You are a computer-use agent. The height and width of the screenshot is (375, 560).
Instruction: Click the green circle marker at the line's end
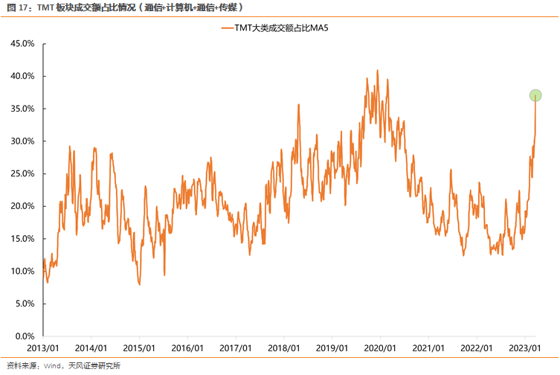click(x=535, y=95)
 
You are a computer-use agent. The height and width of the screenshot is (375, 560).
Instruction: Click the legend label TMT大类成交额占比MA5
click(x=285, y=28)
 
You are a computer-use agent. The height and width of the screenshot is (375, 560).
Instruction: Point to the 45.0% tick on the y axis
click(x=22, y=43)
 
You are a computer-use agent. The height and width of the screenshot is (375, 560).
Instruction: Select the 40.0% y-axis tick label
click(x=22, y=76)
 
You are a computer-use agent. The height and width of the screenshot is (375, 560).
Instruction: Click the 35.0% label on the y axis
click(x=22, y=109)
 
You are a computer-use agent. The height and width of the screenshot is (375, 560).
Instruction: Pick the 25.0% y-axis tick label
click(x=22, y=173)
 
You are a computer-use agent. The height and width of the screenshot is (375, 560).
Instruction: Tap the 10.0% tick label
click(x=22, y=271)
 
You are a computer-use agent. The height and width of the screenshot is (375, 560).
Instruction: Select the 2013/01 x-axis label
click(x=43, y=348)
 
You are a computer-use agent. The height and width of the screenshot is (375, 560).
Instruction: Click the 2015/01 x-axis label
click(x=139, y=348)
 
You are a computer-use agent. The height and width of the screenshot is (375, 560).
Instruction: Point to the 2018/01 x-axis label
click(x=283, y=348)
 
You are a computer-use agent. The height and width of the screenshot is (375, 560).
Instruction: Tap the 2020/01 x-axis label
click(x=379, y=348)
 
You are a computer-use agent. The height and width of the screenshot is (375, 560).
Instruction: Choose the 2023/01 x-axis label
click(x=524, y=348)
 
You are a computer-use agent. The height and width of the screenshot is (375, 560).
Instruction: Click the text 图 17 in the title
click(x=18, y=7)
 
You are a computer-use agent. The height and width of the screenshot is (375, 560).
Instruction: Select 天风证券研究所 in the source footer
click(x=94, y=365)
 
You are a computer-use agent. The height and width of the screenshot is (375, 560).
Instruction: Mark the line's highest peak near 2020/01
click(x=377, y=71)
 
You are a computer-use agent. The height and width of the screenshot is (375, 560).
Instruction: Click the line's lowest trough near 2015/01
click(x=139, y=283)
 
